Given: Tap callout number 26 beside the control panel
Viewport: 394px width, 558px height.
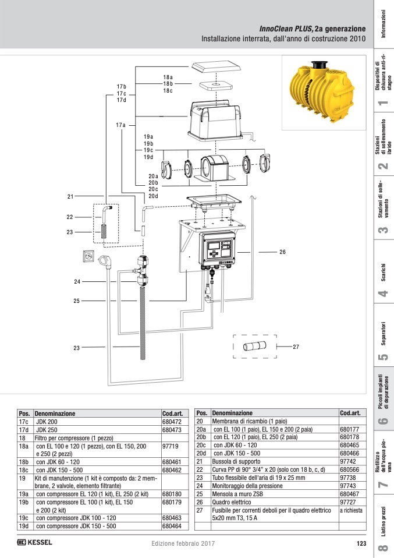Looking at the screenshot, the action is (x=282, y=252).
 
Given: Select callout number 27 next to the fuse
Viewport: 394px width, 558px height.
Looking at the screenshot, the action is (x=296, y=347).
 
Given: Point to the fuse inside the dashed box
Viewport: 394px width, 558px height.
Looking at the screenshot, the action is (x=254, y=346).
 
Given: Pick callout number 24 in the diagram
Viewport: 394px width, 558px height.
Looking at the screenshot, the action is (x=77, y=281).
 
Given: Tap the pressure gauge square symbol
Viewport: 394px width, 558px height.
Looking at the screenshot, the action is (x=88, y=256).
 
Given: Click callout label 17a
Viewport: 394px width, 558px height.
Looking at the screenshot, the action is (x=120, y=125).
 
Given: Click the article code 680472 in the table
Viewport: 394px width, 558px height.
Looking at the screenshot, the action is (x=172, y=422).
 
